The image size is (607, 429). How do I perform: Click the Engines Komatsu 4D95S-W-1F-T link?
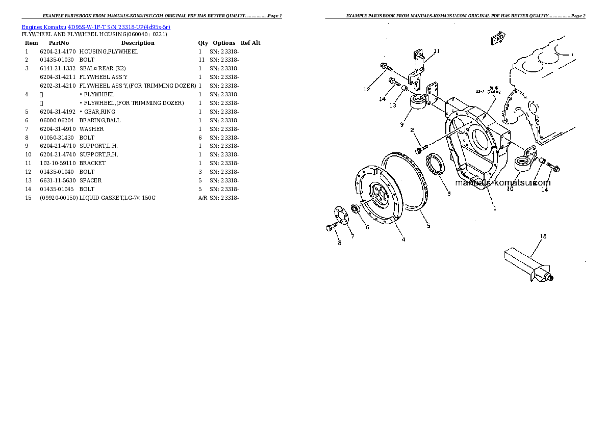click(x=96, y=26)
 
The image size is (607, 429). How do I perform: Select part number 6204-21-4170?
click(x=58, y=51)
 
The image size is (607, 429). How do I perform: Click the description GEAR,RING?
click(x=99, y=112)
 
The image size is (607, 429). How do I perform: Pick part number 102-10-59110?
click(x=58, y=163)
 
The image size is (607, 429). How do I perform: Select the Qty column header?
click(x=203, y=43)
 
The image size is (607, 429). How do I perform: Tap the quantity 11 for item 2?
click(x=201, y=60)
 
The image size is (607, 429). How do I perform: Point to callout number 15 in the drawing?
click(x=543, y=236)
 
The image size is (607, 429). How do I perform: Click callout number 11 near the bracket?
click(x=437, y=51)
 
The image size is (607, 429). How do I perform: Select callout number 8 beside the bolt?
click(x=339, y=243)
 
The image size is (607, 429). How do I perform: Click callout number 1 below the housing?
click(x=494, y=208)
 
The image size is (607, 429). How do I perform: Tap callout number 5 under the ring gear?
click(x=428, y=226)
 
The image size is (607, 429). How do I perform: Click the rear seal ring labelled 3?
click(x=435, y=164)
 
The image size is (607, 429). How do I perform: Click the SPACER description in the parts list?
click(x=90, y=180)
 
